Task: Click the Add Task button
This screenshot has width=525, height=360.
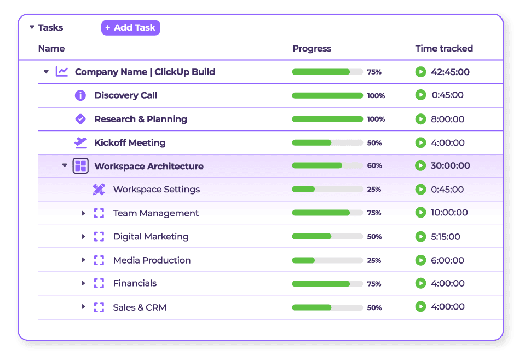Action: (x=130, y=27)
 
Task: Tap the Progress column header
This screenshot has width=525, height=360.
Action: (x=311, y=48)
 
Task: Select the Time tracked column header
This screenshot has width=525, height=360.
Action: (x=443, y=48)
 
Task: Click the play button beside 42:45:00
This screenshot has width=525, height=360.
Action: (x=420, y=72)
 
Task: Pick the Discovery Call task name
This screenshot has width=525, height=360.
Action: (x=125, y=95)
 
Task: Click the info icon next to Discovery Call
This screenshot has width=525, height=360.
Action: (x=80, y=95)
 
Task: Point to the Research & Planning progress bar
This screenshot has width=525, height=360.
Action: (x=327, y=119)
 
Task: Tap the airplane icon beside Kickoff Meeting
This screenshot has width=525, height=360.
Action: (x=80, y=142)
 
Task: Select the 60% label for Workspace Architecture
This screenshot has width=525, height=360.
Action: (x=374, y=166)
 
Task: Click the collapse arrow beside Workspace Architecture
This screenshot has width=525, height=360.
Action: (x=65, y=165)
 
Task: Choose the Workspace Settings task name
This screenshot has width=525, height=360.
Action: (x=156, y=190)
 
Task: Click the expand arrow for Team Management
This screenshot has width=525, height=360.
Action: (x=83, y=213)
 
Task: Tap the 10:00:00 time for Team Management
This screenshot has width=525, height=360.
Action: (x=449, y=213)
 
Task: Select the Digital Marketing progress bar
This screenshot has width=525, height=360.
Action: (x=327, y=237)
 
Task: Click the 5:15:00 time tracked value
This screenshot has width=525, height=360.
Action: (x=445, y=237)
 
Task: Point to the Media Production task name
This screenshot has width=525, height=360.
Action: (x=152, y=260)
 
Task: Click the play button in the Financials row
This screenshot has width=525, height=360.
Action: (x=420, y=283)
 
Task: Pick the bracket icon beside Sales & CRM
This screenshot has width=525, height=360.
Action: (x=99, y=307)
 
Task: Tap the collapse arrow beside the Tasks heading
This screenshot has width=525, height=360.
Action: (x=32, y=27)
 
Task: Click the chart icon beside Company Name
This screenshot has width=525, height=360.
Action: (x=62, y=72)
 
